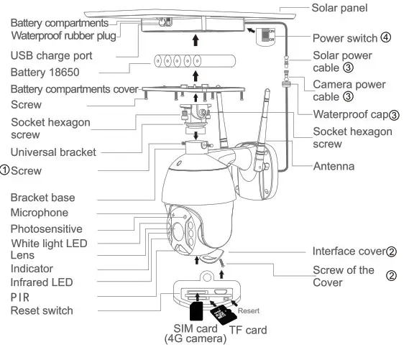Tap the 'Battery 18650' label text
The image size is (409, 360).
45,73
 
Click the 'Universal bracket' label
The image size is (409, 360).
55,152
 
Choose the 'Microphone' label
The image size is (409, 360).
40,213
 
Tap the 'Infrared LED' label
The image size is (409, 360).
42,282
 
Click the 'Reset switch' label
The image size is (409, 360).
42,310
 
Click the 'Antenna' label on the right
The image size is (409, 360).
334,166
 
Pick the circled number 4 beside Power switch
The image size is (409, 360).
386,37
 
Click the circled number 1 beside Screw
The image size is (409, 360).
5,170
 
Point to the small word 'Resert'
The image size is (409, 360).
249,310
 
